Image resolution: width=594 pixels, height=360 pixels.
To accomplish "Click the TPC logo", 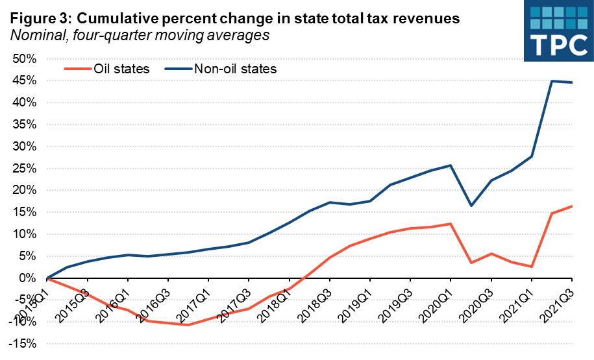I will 558,30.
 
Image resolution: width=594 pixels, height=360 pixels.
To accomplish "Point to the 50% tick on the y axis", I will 23,59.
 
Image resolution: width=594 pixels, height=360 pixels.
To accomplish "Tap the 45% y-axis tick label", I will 23,81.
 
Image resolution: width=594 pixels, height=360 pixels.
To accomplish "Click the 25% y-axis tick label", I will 23,169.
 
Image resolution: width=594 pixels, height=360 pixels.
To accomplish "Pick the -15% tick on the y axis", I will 23,344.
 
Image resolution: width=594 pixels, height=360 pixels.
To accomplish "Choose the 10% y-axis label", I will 23,234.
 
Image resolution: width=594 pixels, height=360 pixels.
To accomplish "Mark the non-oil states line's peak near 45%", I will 551,81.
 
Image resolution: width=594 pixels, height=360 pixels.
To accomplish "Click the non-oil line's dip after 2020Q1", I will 471,206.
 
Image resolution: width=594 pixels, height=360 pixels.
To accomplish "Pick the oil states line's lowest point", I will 188,324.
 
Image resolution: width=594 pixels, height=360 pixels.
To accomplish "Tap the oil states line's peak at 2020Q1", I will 450,224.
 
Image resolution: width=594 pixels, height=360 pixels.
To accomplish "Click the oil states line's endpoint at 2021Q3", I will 571,206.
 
